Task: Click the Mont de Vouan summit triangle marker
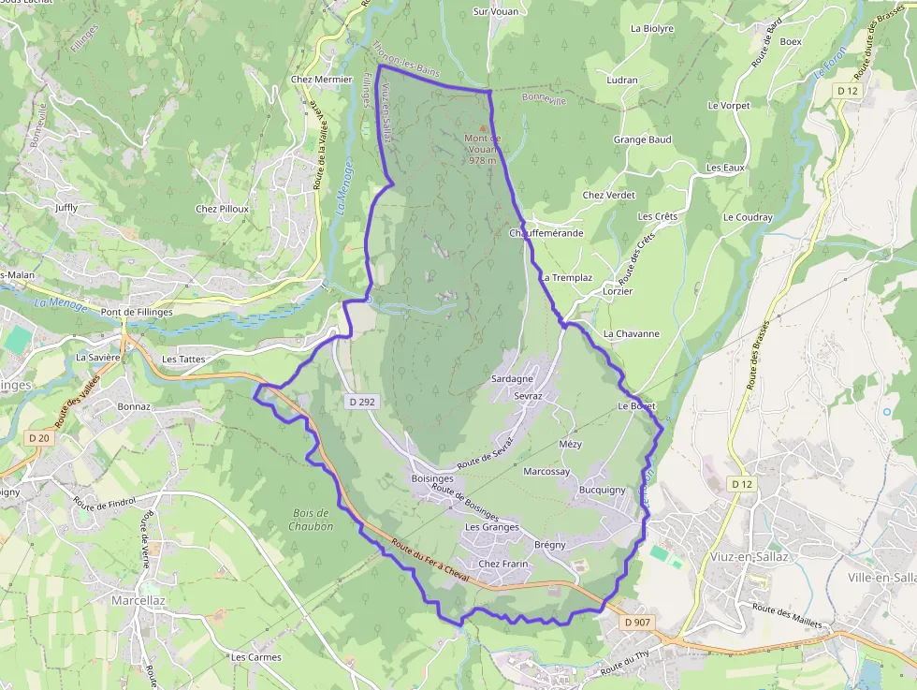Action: tap(483, 128)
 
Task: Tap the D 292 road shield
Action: tap(360, 402)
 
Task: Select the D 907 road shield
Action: tap(636, 623)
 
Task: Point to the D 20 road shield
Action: tap(38, 437)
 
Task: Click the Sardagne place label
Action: tap(512, 379)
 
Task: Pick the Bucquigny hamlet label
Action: tap(602, 490)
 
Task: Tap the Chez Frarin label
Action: tap(503, 564)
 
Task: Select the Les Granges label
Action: tap(492, 527)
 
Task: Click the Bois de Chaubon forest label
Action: tap(312, 520)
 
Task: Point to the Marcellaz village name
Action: tap(138, 599)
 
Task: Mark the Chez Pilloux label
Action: tap(222, 209)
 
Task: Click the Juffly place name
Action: tap(66, 207)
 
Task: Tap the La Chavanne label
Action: tap(632, 333)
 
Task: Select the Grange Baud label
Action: tap(642, 139)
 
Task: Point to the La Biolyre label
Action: tap(652, 28)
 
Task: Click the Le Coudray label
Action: tap(748, 217)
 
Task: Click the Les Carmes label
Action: tap(256, 657)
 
